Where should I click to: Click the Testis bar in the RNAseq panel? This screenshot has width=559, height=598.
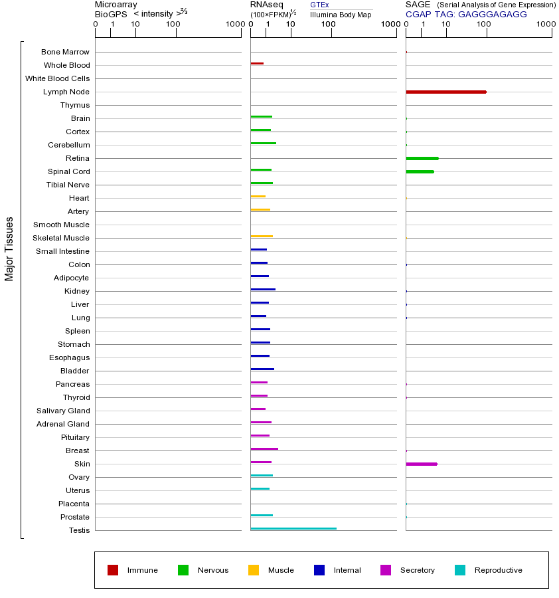[x=293, y=528]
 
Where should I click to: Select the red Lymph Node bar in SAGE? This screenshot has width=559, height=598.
[x=445, y=92]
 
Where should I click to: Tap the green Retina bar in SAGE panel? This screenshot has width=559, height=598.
[x=422, y=158]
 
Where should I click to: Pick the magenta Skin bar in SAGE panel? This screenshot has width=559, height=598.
[x=421, y=464]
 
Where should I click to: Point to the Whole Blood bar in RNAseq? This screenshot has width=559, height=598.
[x=257, y=63]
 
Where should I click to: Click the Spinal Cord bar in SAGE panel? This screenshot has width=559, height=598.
[x=420, y=171]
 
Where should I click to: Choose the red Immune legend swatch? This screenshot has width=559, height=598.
[x=113, y=570]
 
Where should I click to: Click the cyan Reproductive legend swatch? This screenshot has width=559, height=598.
[x=460, y=570]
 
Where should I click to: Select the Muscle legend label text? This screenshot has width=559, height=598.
[x=281, y=570]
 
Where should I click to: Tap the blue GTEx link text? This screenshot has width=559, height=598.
[x=319, y=5]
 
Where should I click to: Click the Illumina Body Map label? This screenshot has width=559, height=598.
[x=341, y=15]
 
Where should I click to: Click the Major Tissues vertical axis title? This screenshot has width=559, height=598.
[x=9, y=249]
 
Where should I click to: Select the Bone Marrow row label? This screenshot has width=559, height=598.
[x=65, y=52]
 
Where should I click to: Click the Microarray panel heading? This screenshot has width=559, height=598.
[x=116, y=5]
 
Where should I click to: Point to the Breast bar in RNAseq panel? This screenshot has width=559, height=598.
[x=264, y=448]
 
